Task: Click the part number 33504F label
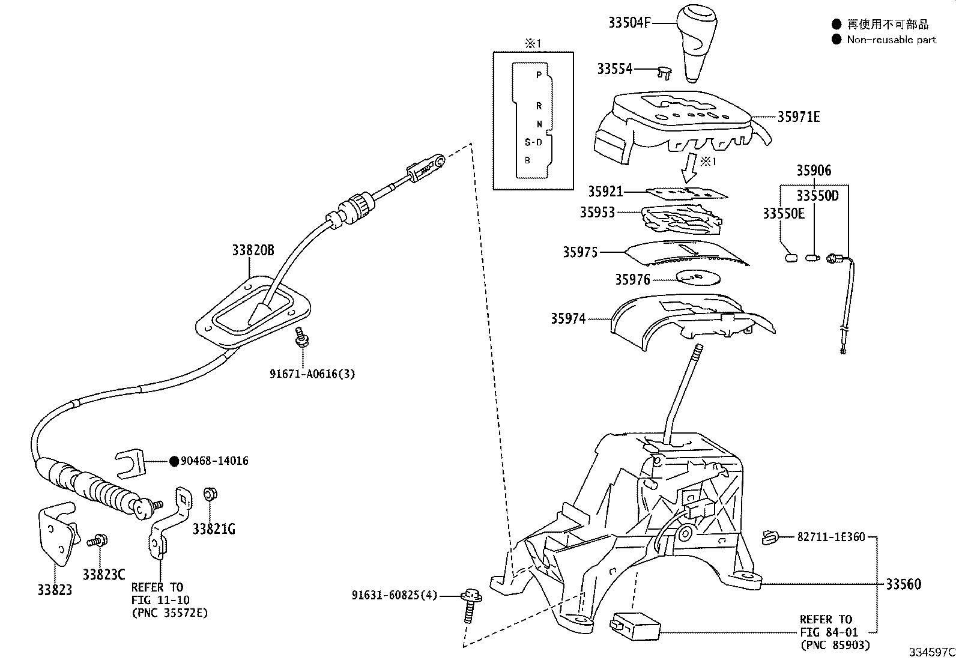click(x=629, y=23)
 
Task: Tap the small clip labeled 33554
click(x=665, y=72)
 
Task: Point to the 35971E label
click(x=798, y=117)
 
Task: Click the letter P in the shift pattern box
click(x=539, y=75)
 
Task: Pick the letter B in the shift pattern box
click(x=527, y=160)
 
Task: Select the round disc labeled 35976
click(x=697, y=277)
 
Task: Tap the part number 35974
click(x=568, y=318)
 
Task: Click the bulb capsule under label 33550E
click(x=790, y=258)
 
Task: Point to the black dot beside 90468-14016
click(x=174, y=461)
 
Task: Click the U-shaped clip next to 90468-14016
click(x=132, y=462)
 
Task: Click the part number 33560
click(x=903, y=584)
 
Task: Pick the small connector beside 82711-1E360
click(x=769, y=537)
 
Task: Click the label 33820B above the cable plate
click(x=253, y=250)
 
